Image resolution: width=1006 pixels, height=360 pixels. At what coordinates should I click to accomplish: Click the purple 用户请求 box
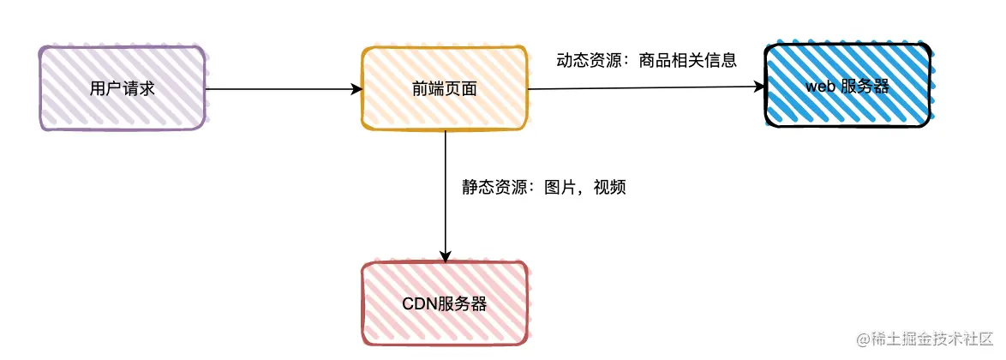click(x=122, y=88)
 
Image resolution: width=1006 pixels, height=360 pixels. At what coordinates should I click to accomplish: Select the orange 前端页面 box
click(x=445, y=88)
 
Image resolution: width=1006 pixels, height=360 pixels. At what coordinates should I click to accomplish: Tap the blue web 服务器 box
click(x=847, y=86)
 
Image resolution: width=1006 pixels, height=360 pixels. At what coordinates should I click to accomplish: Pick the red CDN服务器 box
click(x=445, y=303)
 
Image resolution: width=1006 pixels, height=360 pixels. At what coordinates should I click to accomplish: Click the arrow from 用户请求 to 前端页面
click(x=283, y=88)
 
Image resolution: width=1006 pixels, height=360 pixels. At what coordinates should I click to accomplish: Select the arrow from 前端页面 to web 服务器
click(x=643, y=87)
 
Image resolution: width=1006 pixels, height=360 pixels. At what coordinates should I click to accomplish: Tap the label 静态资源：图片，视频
click(x=544, y=187)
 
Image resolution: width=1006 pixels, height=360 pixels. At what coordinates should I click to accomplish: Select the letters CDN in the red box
click(x=419, y=304)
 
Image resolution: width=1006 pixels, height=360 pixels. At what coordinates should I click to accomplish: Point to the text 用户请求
click(x=122, y=88)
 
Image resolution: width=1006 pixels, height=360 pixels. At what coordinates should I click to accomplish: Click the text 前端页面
click(x=445, y=88)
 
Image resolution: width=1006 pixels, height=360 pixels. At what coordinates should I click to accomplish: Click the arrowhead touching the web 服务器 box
click(x=757, y=86)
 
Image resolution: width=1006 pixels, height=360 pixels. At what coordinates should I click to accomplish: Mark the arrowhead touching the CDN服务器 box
click(x=446, y=255)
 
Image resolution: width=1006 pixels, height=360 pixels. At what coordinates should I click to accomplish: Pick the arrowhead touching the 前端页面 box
click(x=356, y=88)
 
